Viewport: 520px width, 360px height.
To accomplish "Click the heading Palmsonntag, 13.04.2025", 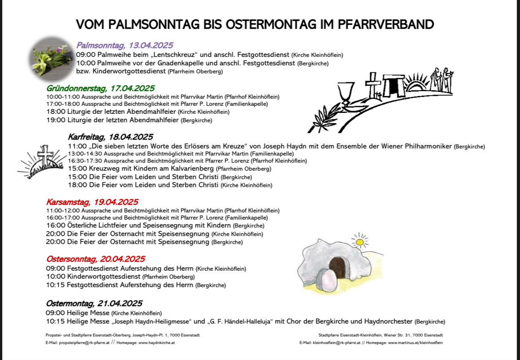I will [124, 45].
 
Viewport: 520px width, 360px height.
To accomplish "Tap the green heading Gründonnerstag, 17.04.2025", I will [100, 88].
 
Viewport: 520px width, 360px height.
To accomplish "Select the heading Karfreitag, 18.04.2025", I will [110, 137].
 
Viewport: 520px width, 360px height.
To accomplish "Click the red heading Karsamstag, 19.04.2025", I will [92, 202].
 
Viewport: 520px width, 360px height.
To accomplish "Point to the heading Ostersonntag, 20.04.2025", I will [96, 259].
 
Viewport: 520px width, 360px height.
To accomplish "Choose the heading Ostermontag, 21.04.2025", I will [94, 304].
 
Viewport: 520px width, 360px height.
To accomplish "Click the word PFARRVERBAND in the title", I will [383, 24].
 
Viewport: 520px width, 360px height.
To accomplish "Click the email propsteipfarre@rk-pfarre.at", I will [85, 343].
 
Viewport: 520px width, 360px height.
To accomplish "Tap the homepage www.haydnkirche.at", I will [157, 343].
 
